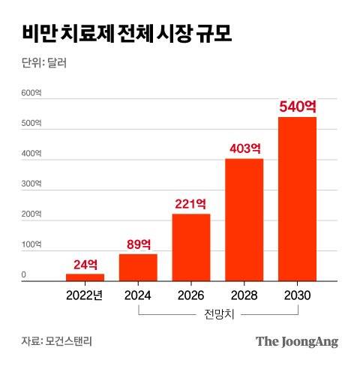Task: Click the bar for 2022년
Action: [x=85, y=277]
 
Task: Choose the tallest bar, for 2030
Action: [x=297, y=199]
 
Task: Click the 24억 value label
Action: [x=85, y=264]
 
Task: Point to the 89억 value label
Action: [x=138, y=244]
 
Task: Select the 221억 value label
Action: [x=191, y=203]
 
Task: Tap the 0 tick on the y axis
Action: [x=24, y=276]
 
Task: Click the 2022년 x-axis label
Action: [x=85, y=295]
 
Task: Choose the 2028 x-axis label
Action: [x=244, y=295]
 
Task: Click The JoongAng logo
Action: [x=297, y=341]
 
